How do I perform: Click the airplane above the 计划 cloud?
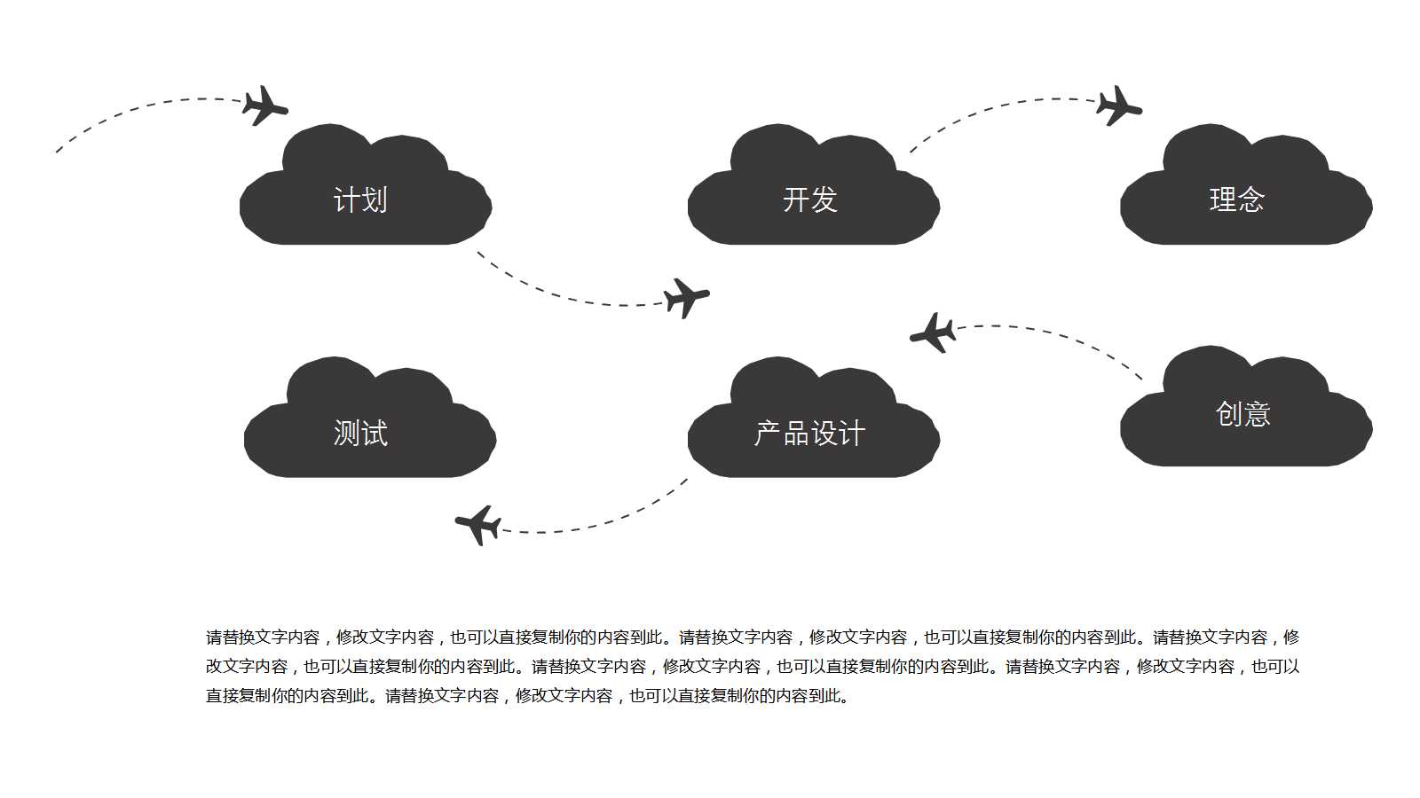[264, 106]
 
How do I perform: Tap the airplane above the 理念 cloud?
[1117, 106]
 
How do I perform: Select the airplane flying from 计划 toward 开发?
[685, 297]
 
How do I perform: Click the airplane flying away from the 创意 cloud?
[934, 333]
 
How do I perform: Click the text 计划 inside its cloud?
[360, 200]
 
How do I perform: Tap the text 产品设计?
[809, 434]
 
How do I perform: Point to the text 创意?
[1242, 414]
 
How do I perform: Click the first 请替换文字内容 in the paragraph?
[263, 637]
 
